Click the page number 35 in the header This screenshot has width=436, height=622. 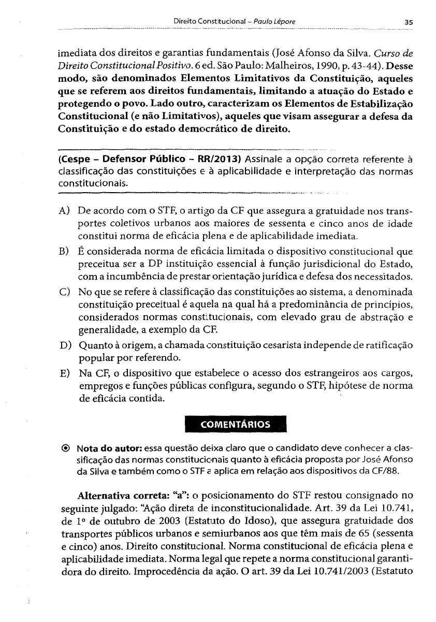(409, 22)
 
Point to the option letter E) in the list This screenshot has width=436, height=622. (66, 374)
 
